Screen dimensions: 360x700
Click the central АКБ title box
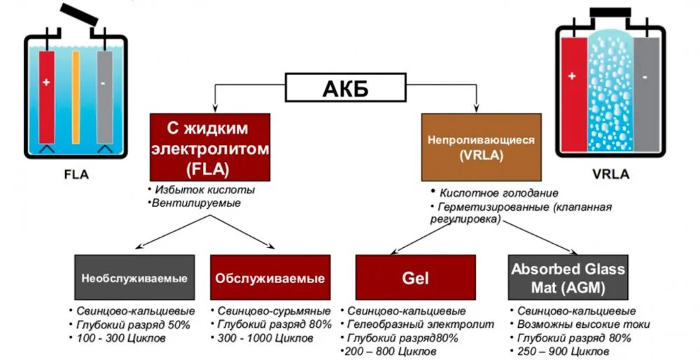(x=345, y=90)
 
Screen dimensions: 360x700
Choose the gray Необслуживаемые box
(x=134, y=278)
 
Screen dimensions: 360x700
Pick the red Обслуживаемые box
(x=269, y=278)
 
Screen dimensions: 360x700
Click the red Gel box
(x=415, y=278)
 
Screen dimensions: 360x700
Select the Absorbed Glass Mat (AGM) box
(x=568, y=278)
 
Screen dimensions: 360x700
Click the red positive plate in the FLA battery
(x=46, y=95)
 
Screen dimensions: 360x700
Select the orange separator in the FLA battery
(x=76, y=95)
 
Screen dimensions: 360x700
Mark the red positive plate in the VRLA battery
(x=572, y=91)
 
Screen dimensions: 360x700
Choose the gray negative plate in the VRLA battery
(x=646, y=91)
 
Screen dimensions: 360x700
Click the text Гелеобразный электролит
(x=421, y=325)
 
